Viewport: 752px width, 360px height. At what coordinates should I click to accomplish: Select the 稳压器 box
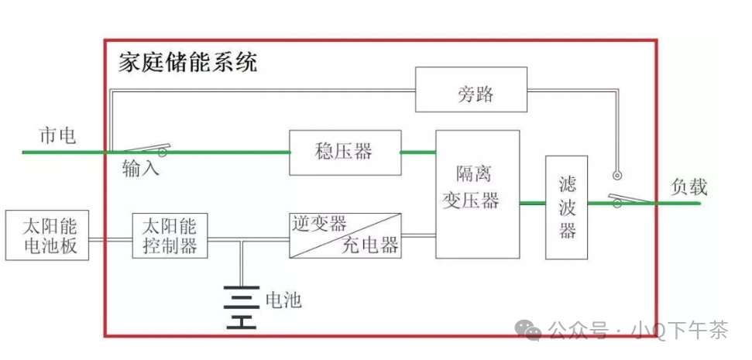click(345, 152)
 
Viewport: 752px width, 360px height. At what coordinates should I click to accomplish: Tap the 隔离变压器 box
click(477, 194)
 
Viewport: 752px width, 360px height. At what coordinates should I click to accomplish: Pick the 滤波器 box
click(568, 207)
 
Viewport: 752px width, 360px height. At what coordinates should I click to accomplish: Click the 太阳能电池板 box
click(46, 235)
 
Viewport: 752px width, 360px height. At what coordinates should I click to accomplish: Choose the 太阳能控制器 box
click(170, 235)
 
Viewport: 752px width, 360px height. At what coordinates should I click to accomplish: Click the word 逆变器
click(319, 225)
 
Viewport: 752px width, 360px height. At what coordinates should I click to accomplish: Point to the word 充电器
click(370, 246)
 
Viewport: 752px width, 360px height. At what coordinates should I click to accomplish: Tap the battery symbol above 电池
click(241, 307)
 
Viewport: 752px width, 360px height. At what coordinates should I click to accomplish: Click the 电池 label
click(283, 300)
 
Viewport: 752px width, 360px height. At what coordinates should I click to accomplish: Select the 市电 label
click(57, 136)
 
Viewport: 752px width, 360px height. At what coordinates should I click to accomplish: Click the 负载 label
click(688, 187)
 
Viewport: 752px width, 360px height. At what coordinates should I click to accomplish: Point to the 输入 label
click(141, 168)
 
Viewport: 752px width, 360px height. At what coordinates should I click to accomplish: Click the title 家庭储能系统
click(188, 63)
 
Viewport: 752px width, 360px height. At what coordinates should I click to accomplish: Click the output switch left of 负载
click(627, 200)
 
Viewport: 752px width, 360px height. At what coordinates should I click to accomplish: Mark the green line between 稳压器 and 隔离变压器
click(418, 153)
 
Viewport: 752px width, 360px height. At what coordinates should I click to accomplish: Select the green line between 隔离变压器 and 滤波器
click(532, 204)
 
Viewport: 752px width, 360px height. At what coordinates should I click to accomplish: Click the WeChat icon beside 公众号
click(532, 331)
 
